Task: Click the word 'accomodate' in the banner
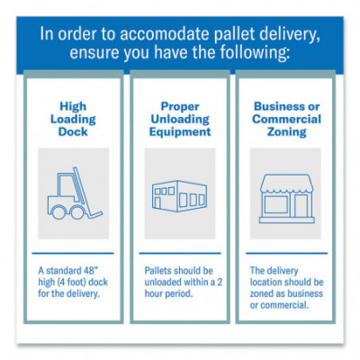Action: [x=165, y=33]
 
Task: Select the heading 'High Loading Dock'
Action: [x=73, y=119]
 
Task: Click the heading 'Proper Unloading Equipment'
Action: [x=180, y=119]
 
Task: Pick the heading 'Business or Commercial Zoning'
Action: [x=286, y=119]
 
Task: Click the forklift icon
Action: [x=75, y=193]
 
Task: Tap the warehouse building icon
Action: [x=179, y=195]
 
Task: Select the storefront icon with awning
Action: [x=287, y=199]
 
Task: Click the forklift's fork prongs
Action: [x=94, y=214]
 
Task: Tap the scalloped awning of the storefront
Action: [x=287, y=184]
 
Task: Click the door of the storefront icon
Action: [x=301, y=206]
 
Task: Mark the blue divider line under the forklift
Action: [x=73, y=253]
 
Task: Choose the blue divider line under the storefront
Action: [x=287, y=253]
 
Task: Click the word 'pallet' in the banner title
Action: [x=233, y=33]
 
